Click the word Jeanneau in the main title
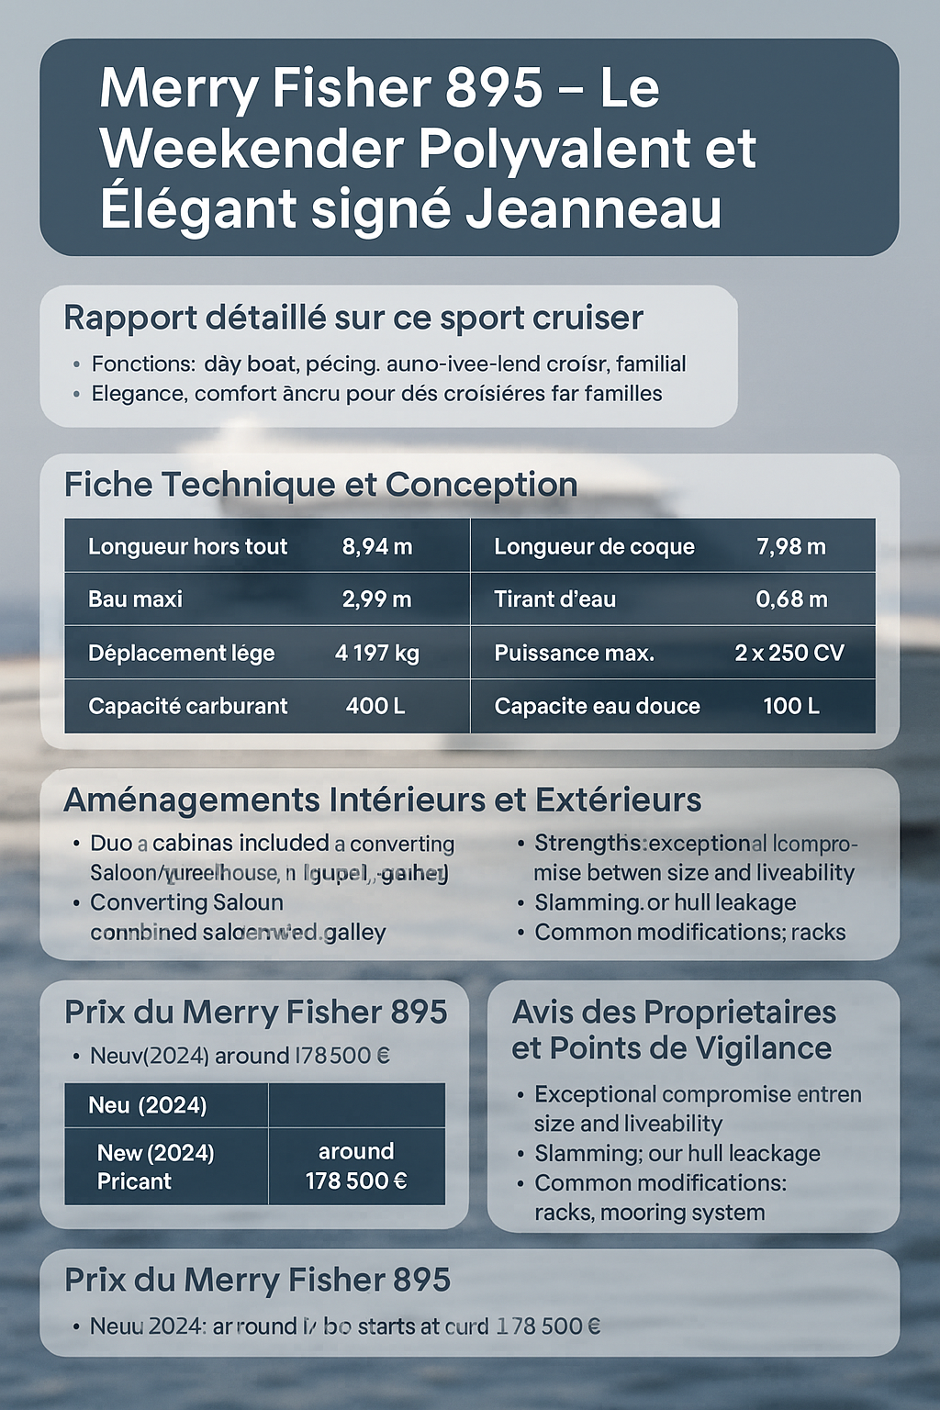coord(593,207)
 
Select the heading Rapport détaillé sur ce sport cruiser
coord(353,318)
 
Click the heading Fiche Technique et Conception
coord(320,485)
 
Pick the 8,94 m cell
coord(377,547)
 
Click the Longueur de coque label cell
coord(594,547)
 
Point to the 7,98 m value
coord(790,547)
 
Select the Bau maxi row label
coord(135,599)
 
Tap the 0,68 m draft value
coord(791,599)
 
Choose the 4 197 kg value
coord(377,653)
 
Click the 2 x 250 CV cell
coord(789,653)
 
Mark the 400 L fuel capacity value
coord(375,706)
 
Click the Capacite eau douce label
coord(597,706)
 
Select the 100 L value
coord(791,706)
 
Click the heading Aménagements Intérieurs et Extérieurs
coord(382,800)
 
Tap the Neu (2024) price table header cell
coord(148,1105)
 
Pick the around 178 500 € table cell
coord(356,1166)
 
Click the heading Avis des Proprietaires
coord(674,1012)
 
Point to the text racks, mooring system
coord(649,1213)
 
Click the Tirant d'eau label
coord(554,599)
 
